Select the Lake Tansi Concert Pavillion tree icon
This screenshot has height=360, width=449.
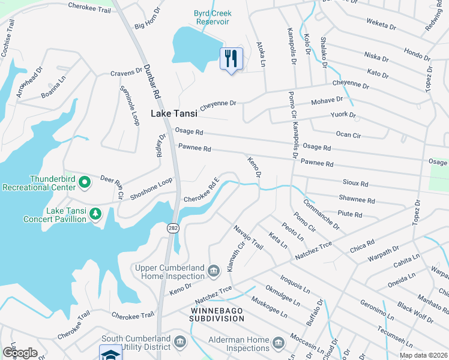pos(95,214)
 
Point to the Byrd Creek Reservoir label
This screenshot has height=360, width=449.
pos(212,17)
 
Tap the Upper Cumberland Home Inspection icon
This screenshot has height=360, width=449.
pos(213,272)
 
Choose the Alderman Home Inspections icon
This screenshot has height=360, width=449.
pos(277,343)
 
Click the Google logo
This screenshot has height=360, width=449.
pos(20,353)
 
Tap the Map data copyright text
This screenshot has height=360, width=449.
pos(423,355)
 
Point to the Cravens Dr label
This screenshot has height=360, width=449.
pos(125,73)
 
